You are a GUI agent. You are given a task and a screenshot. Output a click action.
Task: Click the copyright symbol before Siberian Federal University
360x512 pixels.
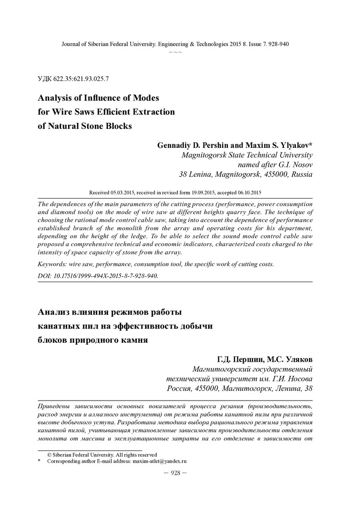(x=49, y=454)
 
